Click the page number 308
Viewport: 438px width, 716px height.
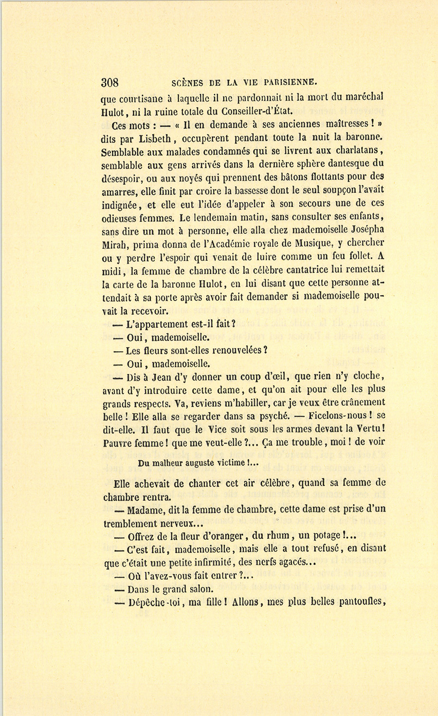click(x=110, y=81)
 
